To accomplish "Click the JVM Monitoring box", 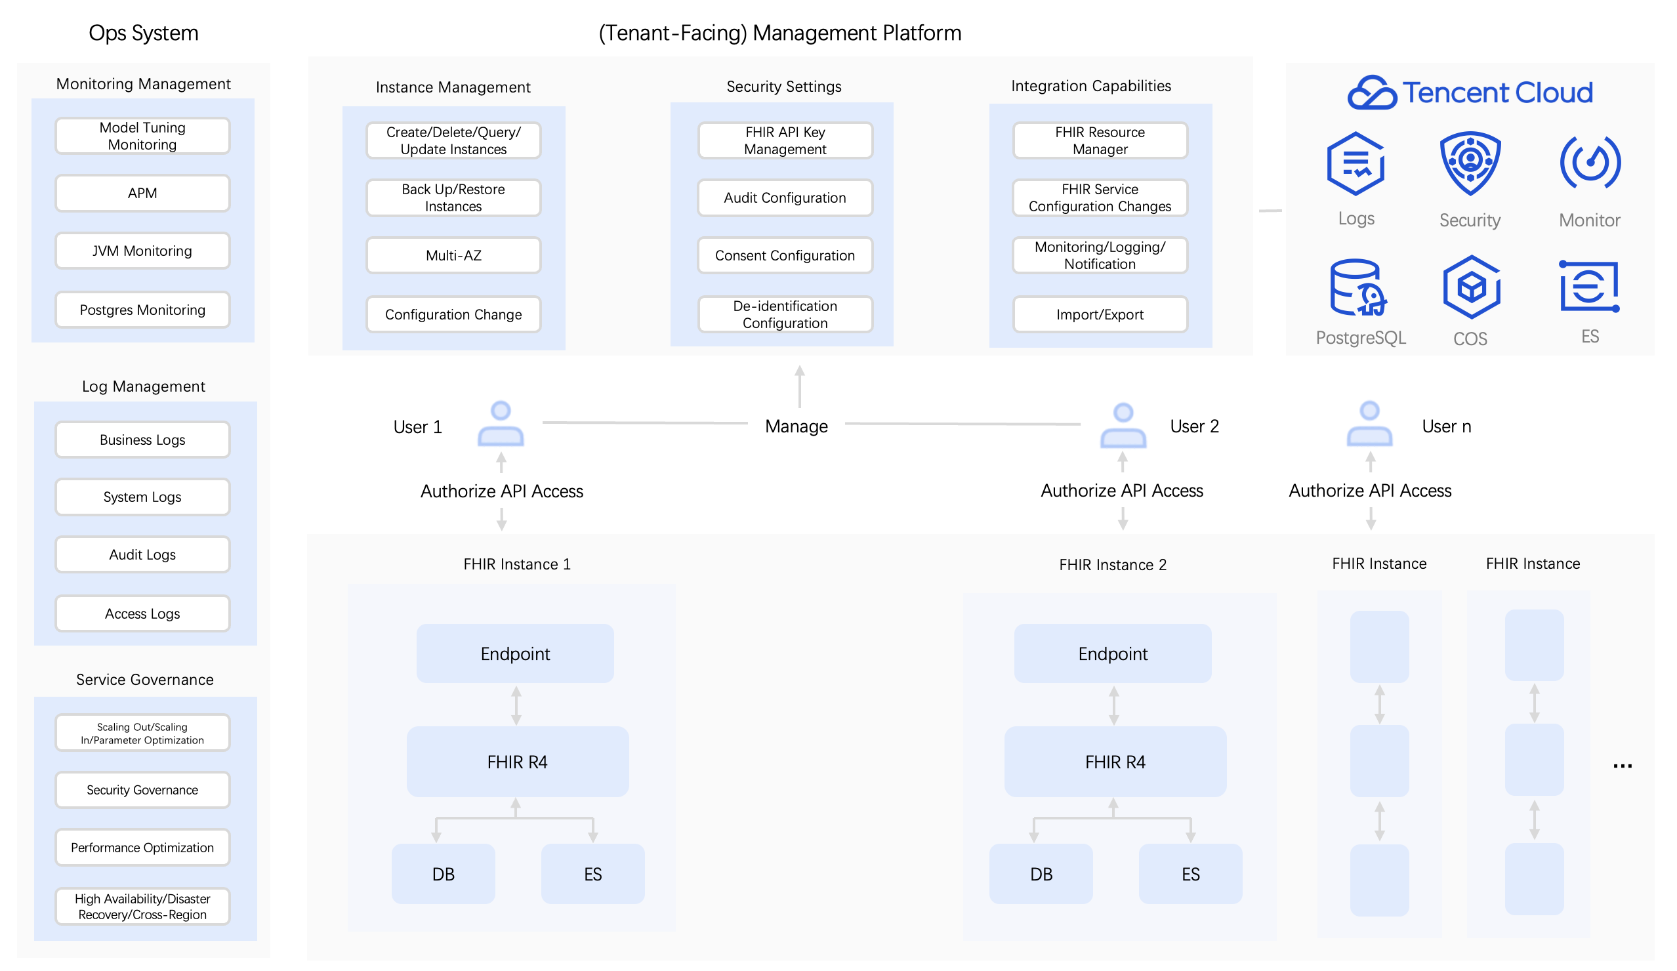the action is [142, 251].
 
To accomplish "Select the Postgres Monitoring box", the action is [142, 310].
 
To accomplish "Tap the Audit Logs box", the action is [142, 554].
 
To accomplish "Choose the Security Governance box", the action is [142, 790].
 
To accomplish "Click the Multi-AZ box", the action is [453, 256].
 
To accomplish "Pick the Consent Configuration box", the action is [785, 256].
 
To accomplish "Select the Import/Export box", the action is [1100, 314].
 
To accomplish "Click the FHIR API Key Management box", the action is [785, 140].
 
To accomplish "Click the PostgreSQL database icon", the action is [1358, 287].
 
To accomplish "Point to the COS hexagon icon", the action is [1472, 287].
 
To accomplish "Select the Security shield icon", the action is [1470, 163].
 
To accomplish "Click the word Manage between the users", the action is [796, 426].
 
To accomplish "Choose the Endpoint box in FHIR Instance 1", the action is [515, 653].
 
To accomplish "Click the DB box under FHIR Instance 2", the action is [1041, 874].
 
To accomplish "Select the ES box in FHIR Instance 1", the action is [592, 874].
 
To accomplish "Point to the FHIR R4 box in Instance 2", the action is [1115, 761].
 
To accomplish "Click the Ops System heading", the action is [144, 33].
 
